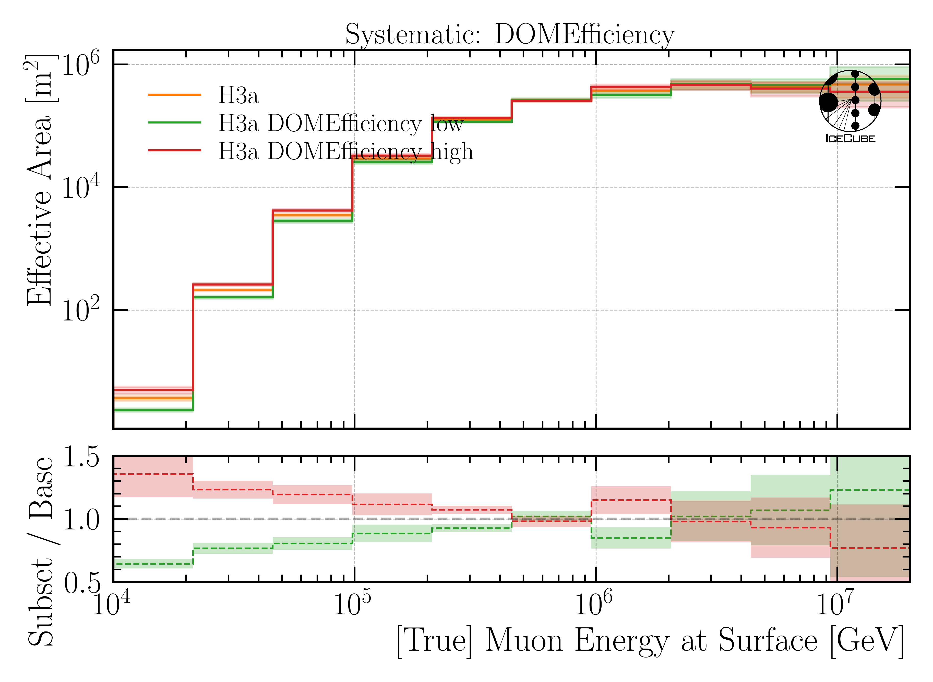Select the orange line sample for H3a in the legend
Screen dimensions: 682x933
tap(174, 95)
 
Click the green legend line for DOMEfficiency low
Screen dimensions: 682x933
tap(174, 123)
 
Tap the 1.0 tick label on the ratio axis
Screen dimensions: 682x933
tap(81, 519)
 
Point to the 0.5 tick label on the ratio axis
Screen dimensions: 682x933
tap(81, 583)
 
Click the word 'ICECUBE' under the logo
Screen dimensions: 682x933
tap(850, 139)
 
